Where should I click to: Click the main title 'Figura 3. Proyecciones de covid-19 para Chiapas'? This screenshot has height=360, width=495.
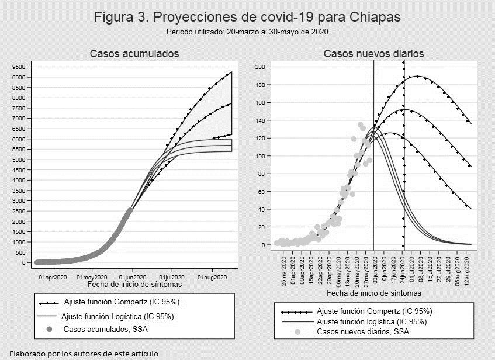coord(247,17)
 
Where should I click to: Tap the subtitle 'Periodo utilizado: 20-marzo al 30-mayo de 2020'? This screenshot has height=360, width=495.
coord(247,32)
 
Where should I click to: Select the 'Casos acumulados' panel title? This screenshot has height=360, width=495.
coord(134,54)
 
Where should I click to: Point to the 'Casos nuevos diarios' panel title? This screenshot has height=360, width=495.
coord(374,54)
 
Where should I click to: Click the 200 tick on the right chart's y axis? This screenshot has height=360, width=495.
coord(261,67)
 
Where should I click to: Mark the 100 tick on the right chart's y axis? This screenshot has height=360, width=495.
coord(261,156)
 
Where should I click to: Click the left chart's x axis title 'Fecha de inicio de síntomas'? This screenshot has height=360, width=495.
coord(134,285)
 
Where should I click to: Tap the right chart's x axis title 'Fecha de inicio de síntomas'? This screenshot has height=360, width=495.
coord(374,293)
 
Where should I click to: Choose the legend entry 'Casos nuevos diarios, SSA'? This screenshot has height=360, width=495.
coord(362,332)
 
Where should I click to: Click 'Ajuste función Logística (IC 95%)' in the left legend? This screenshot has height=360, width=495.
coord(117,316)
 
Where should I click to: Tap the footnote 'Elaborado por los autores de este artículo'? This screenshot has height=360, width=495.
coord(84,354)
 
